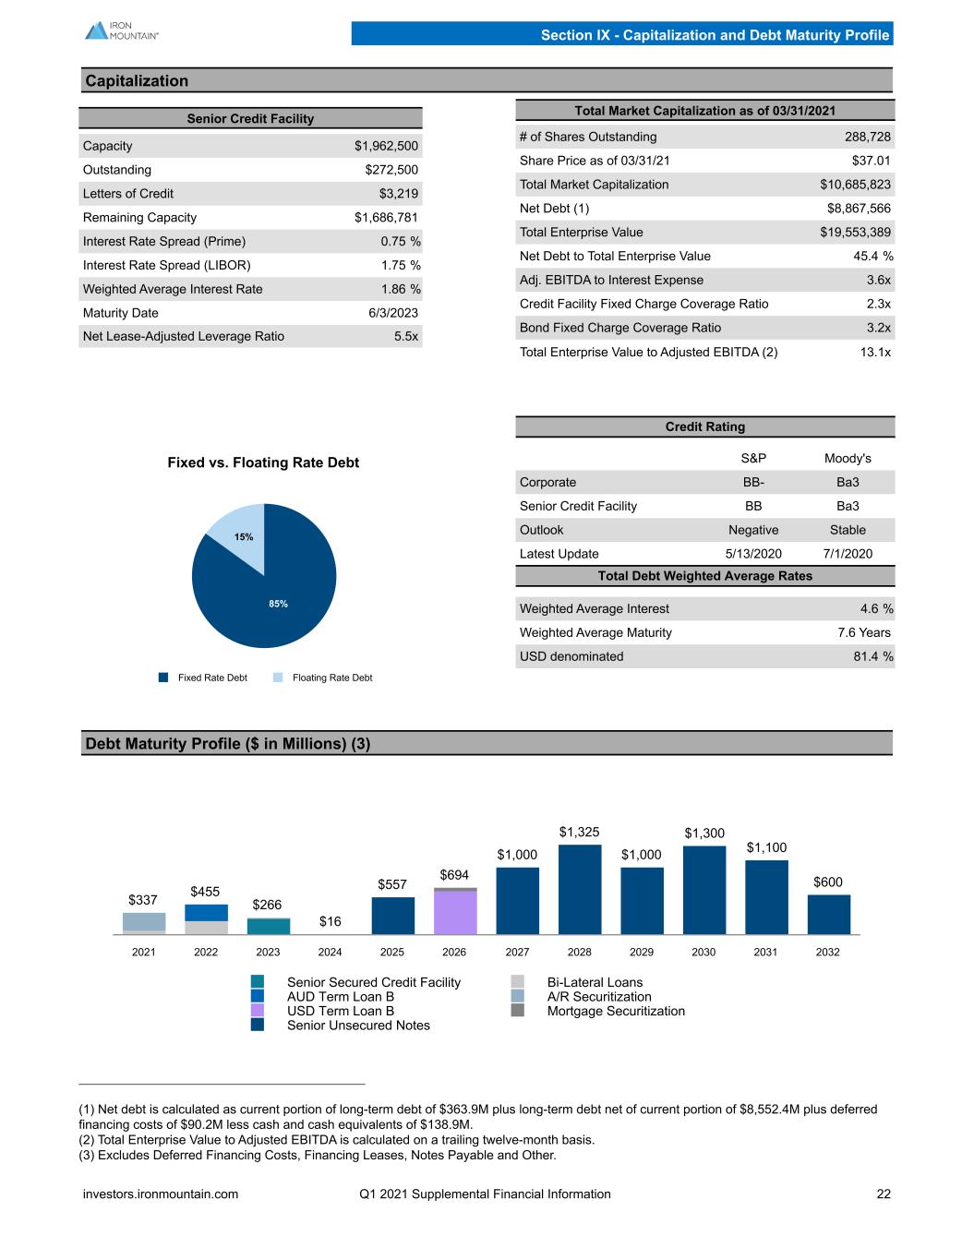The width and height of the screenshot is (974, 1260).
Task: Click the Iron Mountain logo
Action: point(121,30)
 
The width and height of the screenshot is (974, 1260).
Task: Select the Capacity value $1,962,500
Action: point(386,146)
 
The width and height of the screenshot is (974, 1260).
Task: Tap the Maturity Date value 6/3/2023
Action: point(393,313)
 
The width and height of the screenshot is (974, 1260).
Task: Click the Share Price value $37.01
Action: point(871,161)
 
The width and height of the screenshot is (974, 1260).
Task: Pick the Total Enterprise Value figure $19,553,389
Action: point(855,233)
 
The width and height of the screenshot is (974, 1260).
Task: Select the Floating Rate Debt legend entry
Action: point(323,678)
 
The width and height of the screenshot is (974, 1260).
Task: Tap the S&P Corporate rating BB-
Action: point(753,483)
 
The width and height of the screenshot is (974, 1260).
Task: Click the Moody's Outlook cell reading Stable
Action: point(848,530)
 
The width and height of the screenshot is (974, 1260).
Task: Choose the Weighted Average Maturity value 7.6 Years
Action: point(864,632)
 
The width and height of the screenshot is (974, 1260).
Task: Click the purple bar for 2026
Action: point(455,912)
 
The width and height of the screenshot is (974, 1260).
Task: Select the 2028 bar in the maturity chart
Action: point(580,890)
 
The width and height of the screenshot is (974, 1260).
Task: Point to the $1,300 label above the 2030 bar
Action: point(704,834)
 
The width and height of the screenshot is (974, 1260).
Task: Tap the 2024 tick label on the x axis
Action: point(330,952)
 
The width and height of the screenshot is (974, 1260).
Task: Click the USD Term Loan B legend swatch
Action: point(258,1010)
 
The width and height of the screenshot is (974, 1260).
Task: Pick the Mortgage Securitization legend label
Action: point(616,1011)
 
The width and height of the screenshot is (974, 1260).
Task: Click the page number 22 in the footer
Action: point(884,1194)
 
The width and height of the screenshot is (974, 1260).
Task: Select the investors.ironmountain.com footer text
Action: point(161,1194)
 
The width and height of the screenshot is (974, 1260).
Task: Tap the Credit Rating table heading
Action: point(705,426)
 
